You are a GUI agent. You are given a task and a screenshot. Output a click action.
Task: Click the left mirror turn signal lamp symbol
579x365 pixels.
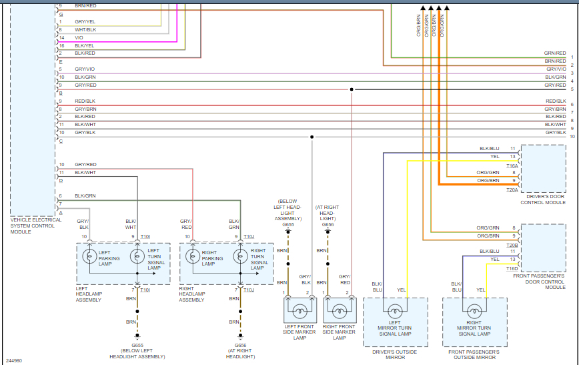[x=394, y=310]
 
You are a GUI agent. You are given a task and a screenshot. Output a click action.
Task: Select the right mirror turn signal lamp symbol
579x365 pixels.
[x=474, y=310]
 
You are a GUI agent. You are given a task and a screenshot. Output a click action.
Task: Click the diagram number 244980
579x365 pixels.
[x=13, y=360]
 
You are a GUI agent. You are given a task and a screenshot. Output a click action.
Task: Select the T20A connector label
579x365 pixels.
[x=512, y=190]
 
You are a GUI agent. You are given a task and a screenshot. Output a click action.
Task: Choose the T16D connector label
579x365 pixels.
[x=512, y=268]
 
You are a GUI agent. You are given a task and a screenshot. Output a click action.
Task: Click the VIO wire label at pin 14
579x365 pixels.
[x=79, y=37]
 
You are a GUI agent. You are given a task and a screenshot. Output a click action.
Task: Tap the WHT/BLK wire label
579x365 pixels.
[x=85, y=29]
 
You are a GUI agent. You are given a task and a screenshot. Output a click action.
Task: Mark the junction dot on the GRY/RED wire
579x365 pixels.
[x=352, y=89]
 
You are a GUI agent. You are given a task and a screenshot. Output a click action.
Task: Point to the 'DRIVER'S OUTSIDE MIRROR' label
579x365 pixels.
[x=395, y=354]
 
